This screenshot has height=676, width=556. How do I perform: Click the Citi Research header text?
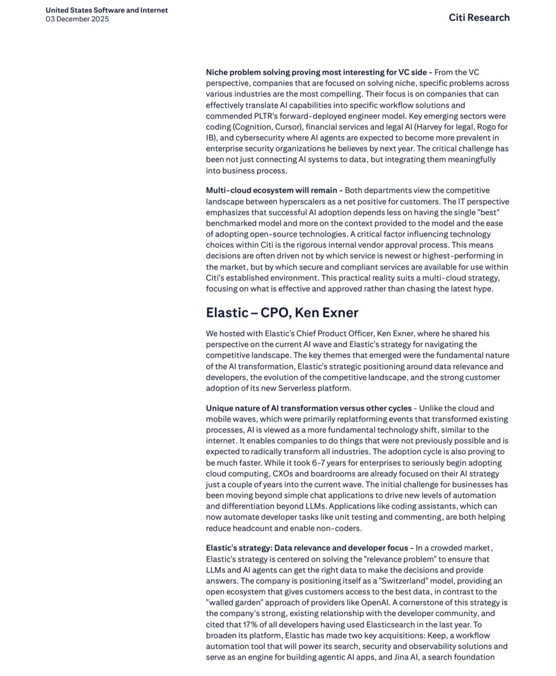coord(479,18)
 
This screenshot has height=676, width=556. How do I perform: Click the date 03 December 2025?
coord(77,19)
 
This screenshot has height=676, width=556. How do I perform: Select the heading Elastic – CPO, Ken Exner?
coord(282,313)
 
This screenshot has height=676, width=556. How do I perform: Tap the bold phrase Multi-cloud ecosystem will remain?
coord(271,191)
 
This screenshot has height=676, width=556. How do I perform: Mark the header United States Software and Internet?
coord(107,10)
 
